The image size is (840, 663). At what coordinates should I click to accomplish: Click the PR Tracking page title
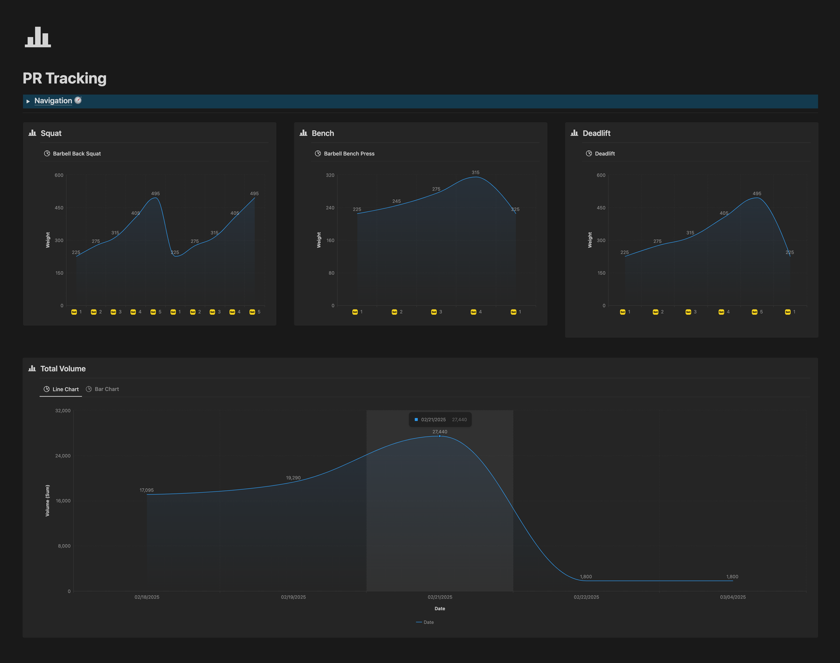[x=65, y=78]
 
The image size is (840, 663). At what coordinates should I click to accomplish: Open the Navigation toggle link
[x=53, y=101]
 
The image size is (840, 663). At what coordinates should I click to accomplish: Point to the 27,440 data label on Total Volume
[x=440, y=432]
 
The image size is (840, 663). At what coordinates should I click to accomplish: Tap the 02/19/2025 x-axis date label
[x=293, y=597]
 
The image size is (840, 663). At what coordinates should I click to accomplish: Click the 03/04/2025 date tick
[x=732, y=597]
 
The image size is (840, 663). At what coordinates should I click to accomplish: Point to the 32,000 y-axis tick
[x=63, y=411]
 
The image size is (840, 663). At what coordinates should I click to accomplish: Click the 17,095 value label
[x=146, y=490]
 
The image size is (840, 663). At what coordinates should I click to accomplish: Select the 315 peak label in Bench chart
[x=476, y=172]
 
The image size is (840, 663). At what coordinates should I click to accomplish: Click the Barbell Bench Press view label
[x=349, y=154]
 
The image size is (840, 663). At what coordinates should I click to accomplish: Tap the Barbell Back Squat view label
[x=77, y=154]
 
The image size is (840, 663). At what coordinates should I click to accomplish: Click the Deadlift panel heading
[x=596, y=133]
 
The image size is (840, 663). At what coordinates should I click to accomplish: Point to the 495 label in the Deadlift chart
[x=757, y=194]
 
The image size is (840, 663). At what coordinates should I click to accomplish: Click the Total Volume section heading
[x=63, y=369]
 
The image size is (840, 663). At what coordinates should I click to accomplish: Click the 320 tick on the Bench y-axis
[x=330, y=175]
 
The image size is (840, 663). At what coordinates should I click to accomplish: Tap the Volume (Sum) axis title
[x=48, y=501]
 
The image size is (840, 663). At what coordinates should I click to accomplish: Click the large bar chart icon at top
[x=38, y=37]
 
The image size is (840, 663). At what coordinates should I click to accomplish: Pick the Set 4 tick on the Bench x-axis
[x=476, y=312]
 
